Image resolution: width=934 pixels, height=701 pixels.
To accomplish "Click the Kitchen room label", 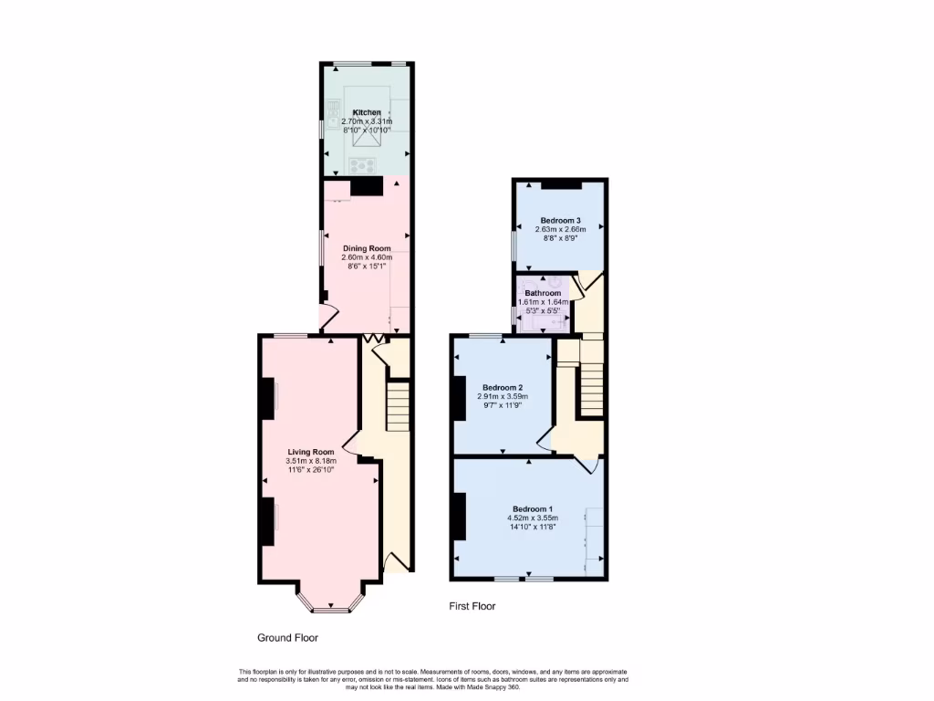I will coord(367,112).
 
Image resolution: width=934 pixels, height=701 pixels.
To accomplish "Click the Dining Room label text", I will coord(367,248).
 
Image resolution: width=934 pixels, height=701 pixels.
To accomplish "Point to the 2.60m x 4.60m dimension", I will coord(367,257).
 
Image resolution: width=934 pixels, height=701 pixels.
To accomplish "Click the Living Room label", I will coord(311,452).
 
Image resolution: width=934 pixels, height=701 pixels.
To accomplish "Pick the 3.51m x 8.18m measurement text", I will coord(312,461).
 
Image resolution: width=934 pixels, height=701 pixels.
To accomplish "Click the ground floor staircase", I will coord(399,406).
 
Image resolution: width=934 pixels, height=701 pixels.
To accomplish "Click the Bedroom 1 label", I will coord(532,508).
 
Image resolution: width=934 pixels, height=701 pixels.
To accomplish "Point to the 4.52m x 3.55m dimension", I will coord(532,518).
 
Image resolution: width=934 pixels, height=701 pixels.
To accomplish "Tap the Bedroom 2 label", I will coord(502,387).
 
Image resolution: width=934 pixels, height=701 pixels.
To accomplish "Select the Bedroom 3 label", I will coord(560,221).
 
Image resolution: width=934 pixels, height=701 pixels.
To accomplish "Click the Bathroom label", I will coord(543,293).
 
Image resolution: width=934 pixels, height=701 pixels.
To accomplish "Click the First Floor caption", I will coord(472,606).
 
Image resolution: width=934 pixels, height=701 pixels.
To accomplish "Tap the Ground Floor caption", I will coord(287,638).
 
